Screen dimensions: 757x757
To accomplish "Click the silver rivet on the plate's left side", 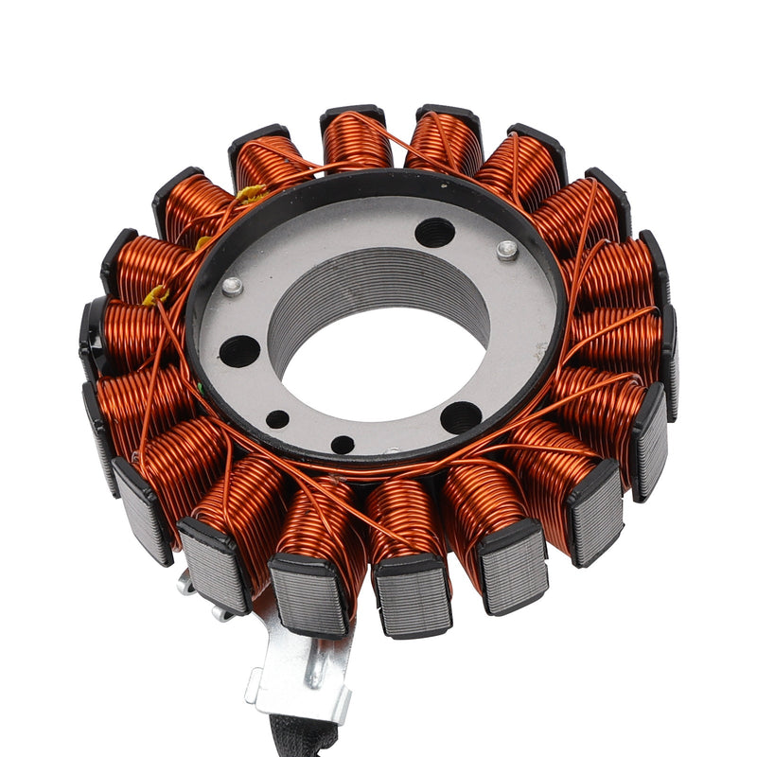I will click(x=232, y=286).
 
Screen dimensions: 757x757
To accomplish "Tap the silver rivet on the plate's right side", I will click(x=508, y=250).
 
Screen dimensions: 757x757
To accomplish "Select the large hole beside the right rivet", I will click(x=434, y=231).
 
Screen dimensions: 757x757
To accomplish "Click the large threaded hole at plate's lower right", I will click(x=461, y=417).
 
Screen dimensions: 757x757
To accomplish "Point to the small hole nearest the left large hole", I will click(x=277, y=419).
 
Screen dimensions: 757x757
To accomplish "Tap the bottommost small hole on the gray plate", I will click(x=343, y=444).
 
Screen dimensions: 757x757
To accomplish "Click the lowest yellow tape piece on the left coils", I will click(x=155, y=296).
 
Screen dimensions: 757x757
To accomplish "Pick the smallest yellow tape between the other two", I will click(x=202, y=242).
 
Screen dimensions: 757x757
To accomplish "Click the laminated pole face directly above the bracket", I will click(x=308, y=595).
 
